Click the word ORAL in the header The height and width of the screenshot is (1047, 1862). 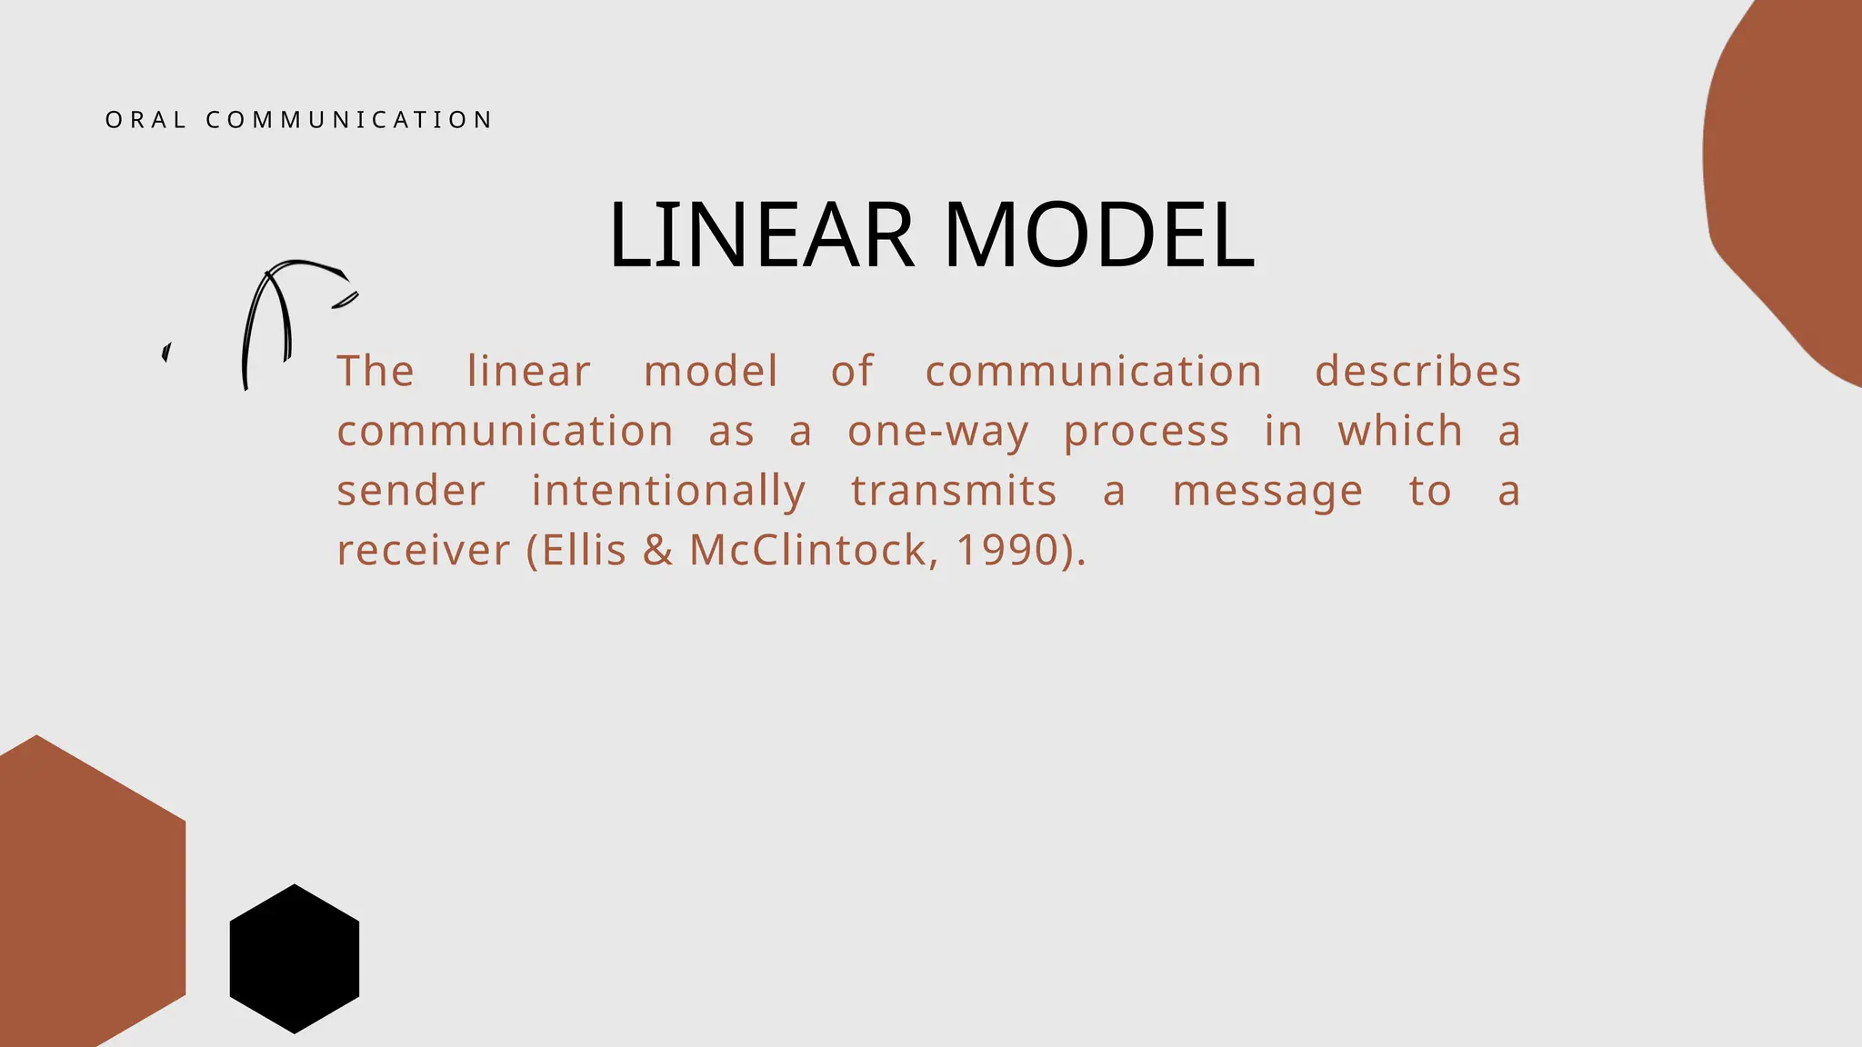[x=145, y=120]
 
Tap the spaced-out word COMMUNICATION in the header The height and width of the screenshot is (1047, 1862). [x=349, y=120]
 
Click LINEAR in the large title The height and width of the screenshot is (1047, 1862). [x=761, y=235]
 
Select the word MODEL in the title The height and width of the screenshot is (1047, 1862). [x=1099, y=235]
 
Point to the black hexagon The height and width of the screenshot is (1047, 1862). [x=295, y=958]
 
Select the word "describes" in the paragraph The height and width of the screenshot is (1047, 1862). [x=1417, y=371]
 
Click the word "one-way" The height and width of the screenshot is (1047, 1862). [x=937, y=432]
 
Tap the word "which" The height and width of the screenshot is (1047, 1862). [x=1400, y=430]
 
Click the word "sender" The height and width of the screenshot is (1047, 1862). [x=411, y=491]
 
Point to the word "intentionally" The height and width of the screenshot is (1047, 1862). [x=668, y=491]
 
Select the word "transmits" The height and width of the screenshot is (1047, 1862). [x=954, y=491]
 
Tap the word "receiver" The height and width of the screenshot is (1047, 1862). [x=424, y=551]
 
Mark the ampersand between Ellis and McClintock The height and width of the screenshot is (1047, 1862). [x=657, y=550]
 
